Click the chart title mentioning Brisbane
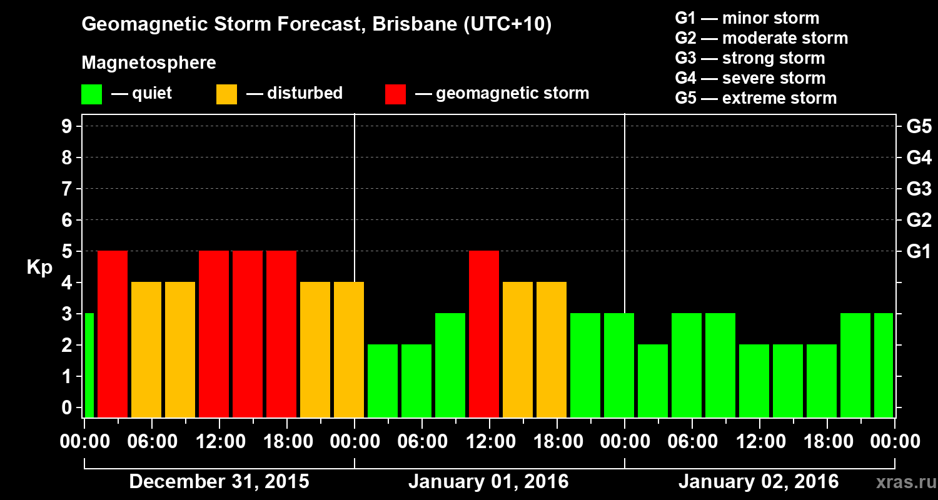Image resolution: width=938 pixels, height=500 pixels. [316, 25]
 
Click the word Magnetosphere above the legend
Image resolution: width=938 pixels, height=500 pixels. [149, 63]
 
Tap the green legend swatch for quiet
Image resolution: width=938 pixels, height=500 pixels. [92, 94]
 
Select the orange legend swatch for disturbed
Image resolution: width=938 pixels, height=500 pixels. [226, 94]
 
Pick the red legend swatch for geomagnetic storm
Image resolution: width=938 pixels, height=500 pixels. [395, 94]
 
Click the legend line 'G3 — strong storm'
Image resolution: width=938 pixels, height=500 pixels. [750, 58]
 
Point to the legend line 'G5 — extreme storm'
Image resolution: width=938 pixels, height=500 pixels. [755, 98]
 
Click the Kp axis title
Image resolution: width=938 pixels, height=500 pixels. [39, 267]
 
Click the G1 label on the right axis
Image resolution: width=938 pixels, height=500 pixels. [919, 252]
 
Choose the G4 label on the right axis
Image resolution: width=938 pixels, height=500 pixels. [919, 158]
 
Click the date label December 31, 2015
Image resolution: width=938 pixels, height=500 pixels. [219, 482]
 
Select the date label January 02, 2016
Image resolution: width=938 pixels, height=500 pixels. [759, 482]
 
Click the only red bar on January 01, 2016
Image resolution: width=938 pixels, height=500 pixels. [484, 334]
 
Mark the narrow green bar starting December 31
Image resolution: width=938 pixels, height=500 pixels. [89, 366]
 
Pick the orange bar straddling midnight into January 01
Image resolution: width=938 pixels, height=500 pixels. [349, 350]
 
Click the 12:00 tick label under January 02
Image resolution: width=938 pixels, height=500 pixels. [759, 442]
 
